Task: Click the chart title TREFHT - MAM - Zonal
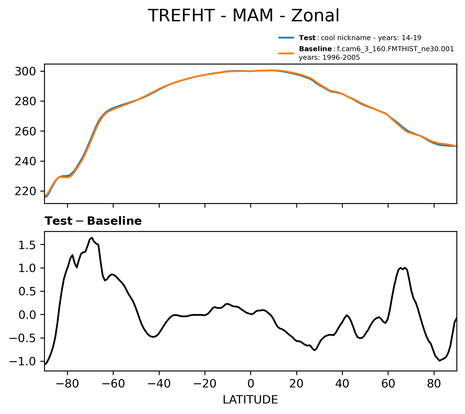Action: pyautogui.click(x=243, y=15)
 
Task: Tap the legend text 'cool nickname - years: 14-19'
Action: pyautogui.click(x=371, y=38)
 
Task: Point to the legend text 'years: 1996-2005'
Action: pyautogui.click(x=329, y=58)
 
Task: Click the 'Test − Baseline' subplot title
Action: pyautogui.click(x=93, y=221)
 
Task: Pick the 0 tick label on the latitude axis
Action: pyautogui.click(x=251, y=384)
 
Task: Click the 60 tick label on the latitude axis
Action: pyautogui.click(x=388, y=384)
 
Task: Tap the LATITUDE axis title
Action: pyautogui.click(x=250, y=400)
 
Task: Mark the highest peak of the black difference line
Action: pyautogui.click(x=92, y=238)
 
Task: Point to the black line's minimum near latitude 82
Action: pyautogui.click(x=440, y=361)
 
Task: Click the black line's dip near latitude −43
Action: pyautogui.click(x=153, y=337)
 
